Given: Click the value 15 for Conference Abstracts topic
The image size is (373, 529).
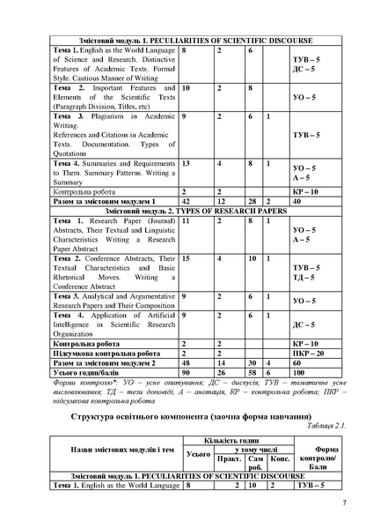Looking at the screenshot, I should (x=186, y=257).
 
